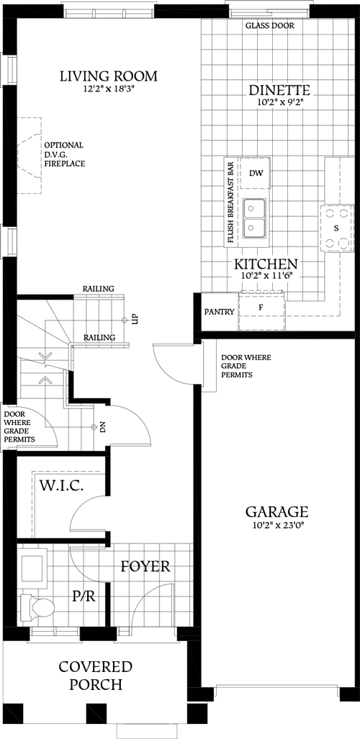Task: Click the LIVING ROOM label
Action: (109, 76)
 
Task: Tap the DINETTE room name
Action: (279, 91)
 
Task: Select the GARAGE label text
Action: (277, 512)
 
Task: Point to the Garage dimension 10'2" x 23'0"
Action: (277, 527)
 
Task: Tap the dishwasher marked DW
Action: (255, 174)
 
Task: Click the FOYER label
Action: (145, 567)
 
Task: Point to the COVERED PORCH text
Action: (95, 675)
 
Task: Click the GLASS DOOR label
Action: (269, 25)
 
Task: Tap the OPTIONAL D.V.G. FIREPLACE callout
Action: (64, 154)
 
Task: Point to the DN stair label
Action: (103, 427)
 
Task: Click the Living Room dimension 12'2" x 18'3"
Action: (109, 90)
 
